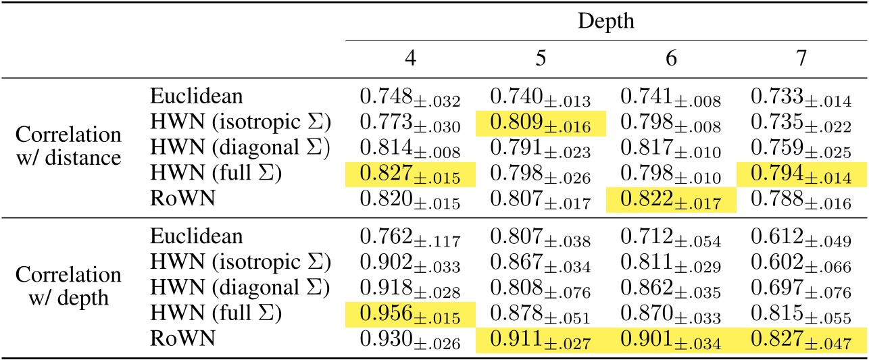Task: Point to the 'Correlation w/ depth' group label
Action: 68,286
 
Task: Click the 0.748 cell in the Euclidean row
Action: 410,100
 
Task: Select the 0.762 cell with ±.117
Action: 410,238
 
